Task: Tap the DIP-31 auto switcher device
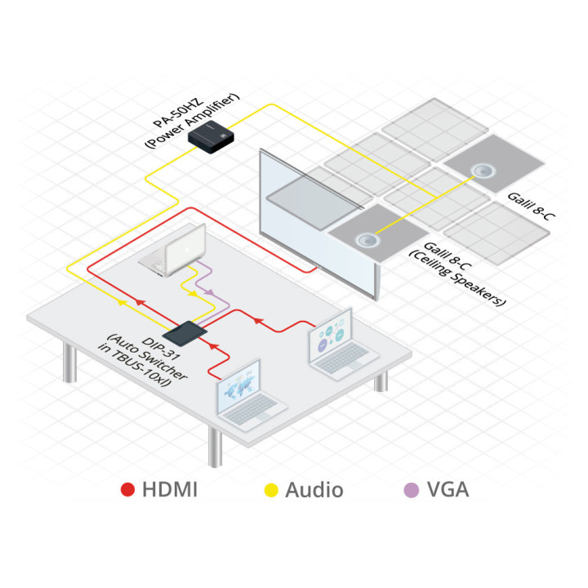[185, 332]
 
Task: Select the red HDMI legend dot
[128, 490]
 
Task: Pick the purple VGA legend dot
[412, 490]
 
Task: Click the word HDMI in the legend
[170, 490]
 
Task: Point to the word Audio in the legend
[314, 490]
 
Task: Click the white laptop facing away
[172, 248]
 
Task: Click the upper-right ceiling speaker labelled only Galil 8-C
[483, 171]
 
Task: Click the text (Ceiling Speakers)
[459, 278]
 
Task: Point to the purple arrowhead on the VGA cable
[209, 292]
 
